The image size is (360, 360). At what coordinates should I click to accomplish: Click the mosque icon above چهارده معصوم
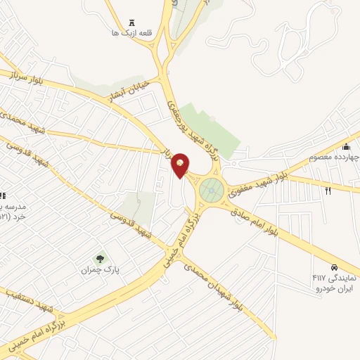(345, 146)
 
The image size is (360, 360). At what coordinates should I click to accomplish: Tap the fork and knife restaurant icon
(328, 191)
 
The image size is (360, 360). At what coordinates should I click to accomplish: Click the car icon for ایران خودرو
(335, 268)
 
